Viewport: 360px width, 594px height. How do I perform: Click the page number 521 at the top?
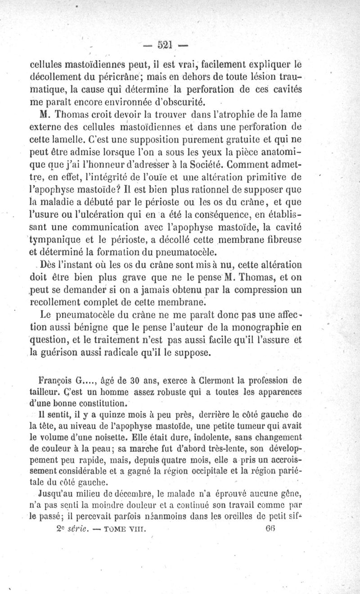(x=166, y=45)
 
